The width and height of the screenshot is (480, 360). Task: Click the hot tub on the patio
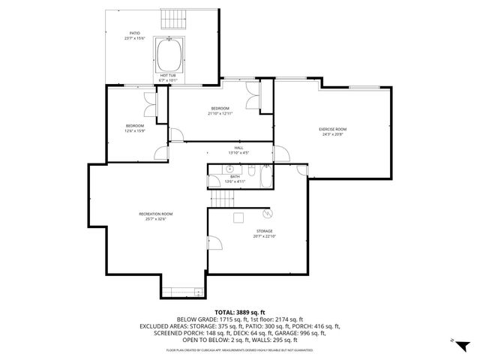click(x=168, y=54)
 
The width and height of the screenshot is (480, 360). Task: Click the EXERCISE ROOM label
click(x=333, y=129)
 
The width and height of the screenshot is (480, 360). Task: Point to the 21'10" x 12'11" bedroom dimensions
click(x=220, y=113)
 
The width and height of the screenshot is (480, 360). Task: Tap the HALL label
click(x=238, y=150)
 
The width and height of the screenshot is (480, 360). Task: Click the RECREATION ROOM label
click(x=156, y=217)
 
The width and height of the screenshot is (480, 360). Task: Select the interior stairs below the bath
click(x=223, y=199)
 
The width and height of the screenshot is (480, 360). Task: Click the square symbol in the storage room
click(x=239, y=217)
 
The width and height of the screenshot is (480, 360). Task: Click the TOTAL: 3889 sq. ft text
click(x=239, y=312)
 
